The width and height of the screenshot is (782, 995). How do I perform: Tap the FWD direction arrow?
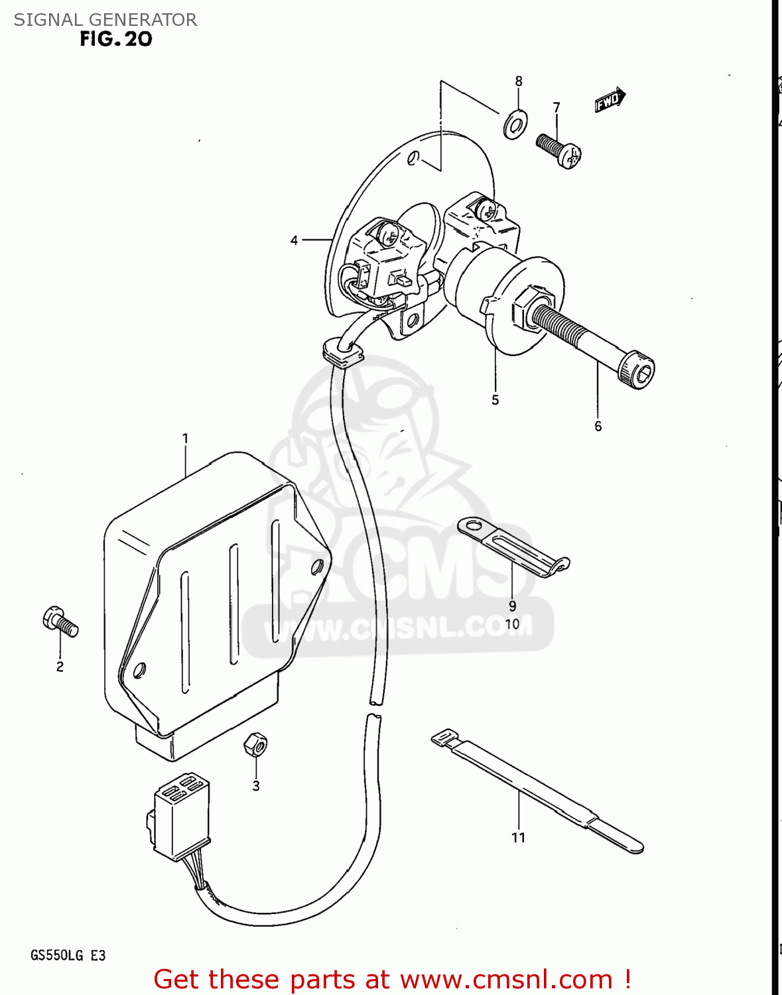click(610, 100)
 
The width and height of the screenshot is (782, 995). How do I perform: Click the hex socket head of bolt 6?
click(637, 372)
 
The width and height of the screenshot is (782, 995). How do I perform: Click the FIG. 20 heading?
click(116, 39)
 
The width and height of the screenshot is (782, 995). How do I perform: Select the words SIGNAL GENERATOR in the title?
click(105, 20)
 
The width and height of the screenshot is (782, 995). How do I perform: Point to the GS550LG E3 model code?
click(68, 955)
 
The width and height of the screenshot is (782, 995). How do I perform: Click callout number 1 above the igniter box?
click(185, 438)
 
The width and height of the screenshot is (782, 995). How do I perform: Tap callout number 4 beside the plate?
click(294, 240)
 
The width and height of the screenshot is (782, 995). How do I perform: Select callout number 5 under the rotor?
click(495, 400)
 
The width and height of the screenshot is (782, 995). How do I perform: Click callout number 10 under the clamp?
click(512, 624)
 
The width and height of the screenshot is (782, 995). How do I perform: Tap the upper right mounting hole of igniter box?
click(317, 566)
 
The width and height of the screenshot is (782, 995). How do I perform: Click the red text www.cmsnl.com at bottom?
click(506, 979)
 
